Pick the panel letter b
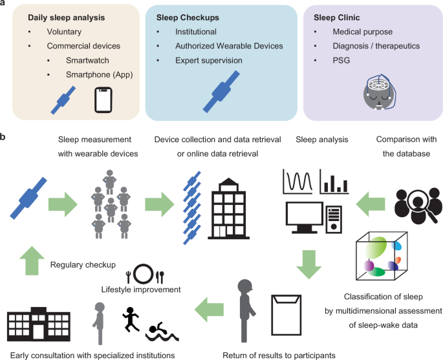click(5, 138)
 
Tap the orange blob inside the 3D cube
click(397, 262)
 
